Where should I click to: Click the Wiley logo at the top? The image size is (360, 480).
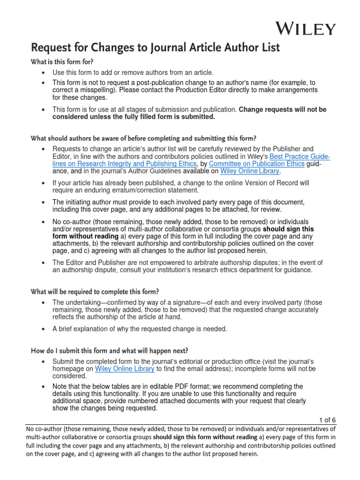point(305,29)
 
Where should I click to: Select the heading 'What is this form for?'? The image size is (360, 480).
point(59,62)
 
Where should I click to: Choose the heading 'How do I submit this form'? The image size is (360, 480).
point(110,351)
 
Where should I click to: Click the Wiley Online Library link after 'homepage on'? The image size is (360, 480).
point(125,369)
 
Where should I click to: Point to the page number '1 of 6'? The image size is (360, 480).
point(327,420)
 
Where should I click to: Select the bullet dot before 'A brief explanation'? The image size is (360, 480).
point(43,329)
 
